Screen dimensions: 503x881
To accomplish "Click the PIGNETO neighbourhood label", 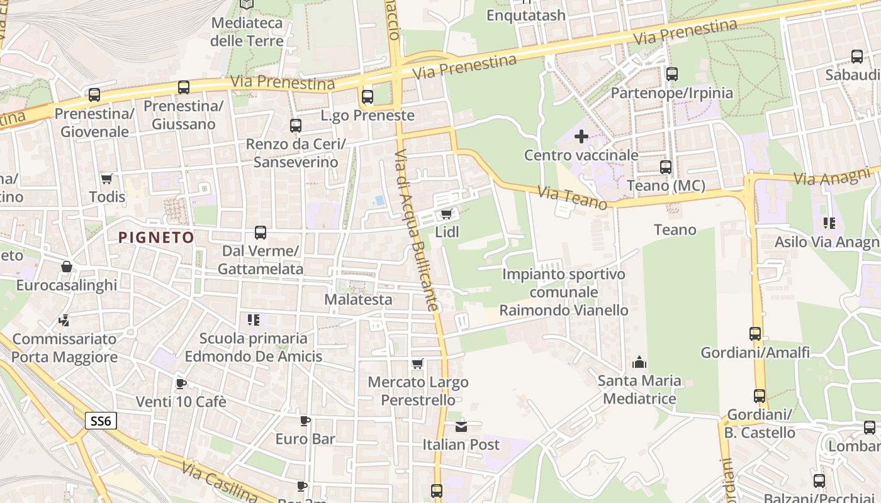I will point(156,237).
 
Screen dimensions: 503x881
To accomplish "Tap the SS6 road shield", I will point(101,421).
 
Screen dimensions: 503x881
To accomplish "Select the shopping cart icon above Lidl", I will point(446,214).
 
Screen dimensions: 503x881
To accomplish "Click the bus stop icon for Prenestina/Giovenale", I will point(94,95).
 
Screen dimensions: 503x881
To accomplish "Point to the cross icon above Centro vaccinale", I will point(581,136).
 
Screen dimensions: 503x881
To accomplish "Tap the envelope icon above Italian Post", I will point(461,426).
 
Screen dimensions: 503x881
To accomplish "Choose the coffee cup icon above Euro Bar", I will point(305,420).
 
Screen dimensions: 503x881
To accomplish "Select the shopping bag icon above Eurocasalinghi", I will point(66,267).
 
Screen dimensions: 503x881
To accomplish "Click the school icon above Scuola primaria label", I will point(253,320).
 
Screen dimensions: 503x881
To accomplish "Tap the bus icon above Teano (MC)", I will point(666,167).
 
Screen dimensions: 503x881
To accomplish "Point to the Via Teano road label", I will point(573,197).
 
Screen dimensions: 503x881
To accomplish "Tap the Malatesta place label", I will point(358,299).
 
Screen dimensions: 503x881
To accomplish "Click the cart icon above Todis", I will point(107,179).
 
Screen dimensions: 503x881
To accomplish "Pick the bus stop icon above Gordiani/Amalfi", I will point(755,334).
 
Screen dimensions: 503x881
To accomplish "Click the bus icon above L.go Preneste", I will point(368,97).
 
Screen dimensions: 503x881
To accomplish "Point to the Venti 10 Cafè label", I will point(181,401).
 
